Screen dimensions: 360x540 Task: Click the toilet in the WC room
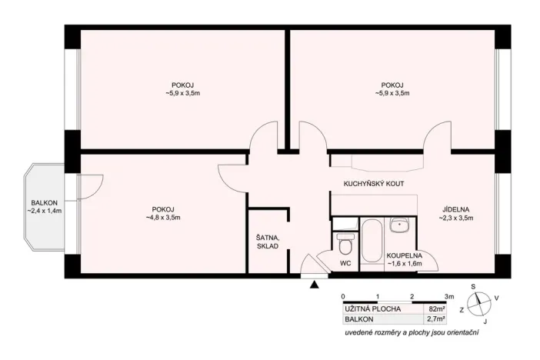[345, 246]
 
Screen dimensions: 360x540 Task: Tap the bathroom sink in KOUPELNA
[399, 225]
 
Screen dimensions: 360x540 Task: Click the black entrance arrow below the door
[314, 285]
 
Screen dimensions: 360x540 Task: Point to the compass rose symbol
[478, 304]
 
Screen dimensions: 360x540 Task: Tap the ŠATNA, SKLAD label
[267, 242]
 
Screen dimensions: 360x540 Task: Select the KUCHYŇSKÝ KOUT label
[373, 184]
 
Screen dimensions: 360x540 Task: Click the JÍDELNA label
[455, 208]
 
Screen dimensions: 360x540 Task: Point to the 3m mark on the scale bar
[448, 296]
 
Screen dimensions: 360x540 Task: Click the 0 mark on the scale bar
[343, 296]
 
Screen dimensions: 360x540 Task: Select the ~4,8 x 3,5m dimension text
[163, 218]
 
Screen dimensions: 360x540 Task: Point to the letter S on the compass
[474, 287]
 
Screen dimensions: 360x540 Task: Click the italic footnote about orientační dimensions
[412, 332]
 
